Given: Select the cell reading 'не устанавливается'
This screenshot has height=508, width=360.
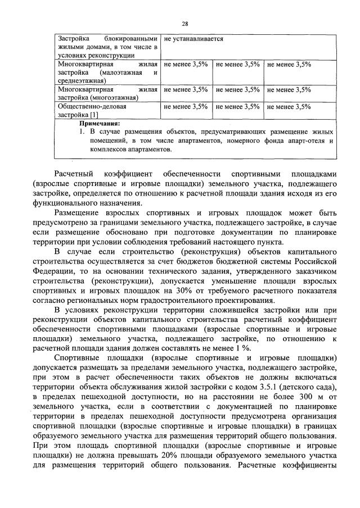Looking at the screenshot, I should point(193,39).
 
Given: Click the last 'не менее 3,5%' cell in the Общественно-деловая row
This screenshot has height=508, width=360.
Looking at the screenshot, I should point(289,106).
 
